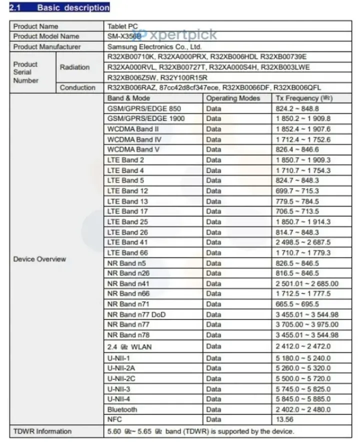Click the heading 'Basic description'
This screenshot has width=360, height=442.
(x=73, y=7)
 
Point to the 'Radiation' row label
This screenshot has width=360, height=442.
(x=74, y=67)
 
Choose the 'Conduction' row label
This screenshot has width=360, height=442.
(x=77, y=88)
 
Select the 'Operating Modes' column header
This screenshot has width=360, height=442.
(x=233, y=98)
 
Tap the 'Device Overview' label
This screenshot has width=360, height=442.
(x=39, y=259)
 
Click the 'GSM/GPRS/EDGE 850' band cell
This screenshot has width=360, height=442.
(x=144, y=108)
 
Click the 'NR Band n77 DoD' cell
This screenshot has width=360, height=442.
(x=136, y=314)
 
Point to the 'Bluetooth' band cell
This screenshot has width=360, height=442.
(x=122, y=409)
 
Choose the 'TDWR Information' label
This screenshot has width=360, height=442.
(x=42, y=431)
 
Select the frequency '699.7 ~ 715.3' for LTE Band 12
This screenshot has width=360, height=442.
(x=297, y=191)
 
